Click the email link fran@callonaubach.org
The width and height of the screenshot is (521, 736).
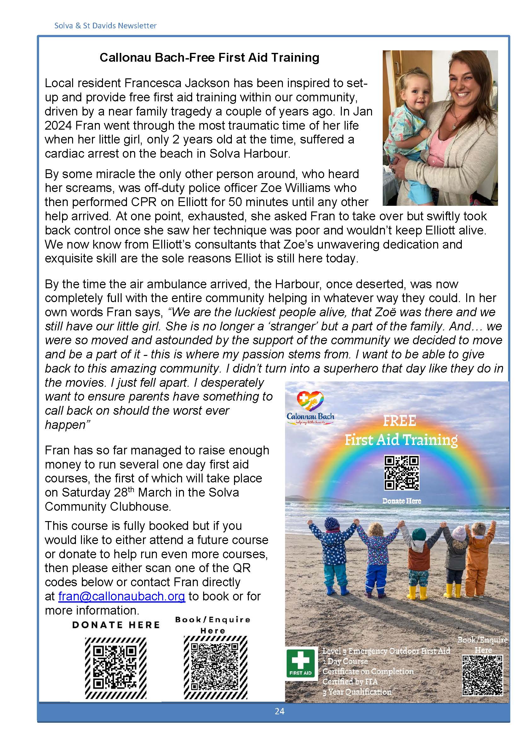122,597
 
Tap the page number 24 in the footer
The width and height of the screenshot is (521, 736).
279,711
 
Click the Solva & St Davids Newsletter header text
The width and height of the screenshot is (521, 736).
105,25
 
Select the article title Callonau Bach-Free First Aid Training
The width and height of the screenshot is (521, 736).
209,57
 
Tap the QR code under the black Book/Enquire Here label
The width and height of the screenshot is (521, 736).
215,667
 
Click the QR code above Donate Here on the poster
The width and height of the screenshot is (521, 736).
401,473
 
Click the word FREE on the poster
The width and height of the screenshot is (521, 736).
399,421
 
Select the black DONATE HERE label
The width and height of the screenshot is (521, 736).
116,625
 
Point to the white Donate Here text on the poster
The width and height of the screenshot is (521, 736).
401,501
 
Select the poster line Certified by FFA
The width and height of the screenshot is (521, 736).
350,681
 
